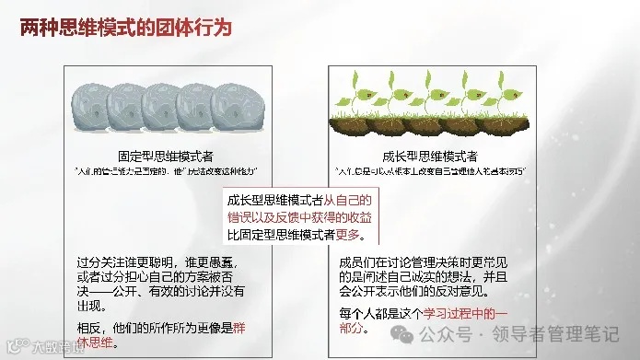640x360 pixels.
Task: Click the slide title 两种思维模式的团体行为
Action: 125,28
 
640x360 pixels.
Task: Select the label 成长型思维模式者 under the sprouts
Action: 448,157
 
